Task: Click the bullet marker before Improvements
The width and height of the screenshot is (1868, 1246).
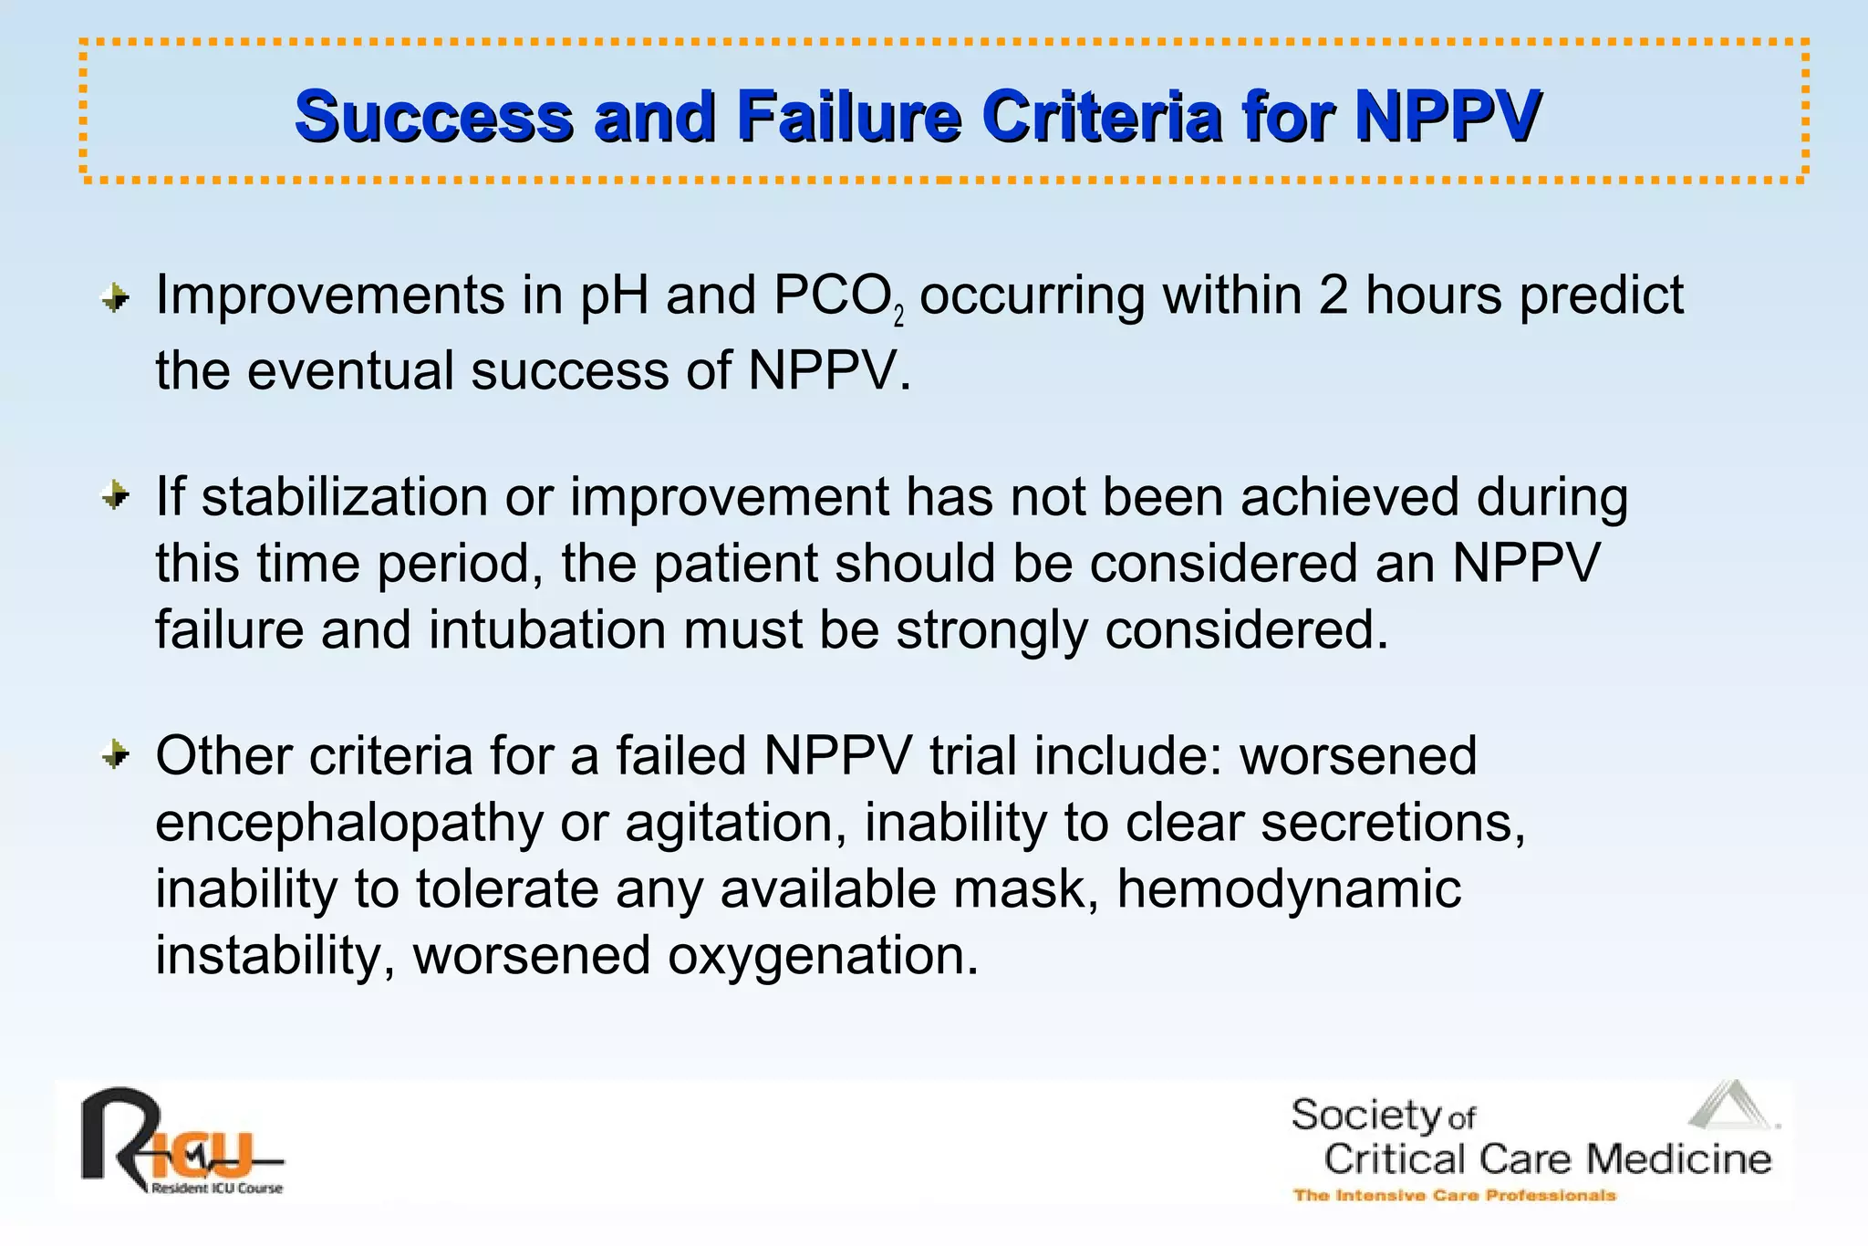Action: pos(116,297)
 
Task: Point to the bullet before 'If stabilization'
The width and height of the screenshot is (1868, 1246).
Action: pos(116,496)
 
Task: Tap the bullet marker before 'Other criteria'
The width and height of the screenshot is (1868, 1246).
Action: pos(116,755)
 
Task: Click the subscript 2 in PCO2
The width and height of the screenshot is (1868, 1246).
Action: pos(899,317)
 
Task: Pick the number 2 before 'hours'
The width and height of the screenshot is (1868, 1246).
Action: pos(1333,296)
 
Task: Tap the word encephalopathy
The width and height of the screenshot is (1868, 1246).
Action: pos(348,823)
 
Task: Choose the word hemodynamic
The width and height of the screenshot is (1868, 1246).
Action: pos(1289,888)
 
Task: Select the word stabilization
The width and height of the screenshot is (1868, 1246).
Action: pos(345,497)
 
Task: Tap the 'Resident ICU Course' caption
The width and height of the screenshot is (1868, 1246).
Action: pos(217,1189)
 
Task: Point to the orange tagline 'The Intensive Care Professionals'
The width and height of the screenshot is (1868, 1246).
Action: pos(1455,1195)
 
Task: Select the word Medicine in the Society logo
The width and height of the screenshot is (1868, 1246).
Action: pos(1678,1159)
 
